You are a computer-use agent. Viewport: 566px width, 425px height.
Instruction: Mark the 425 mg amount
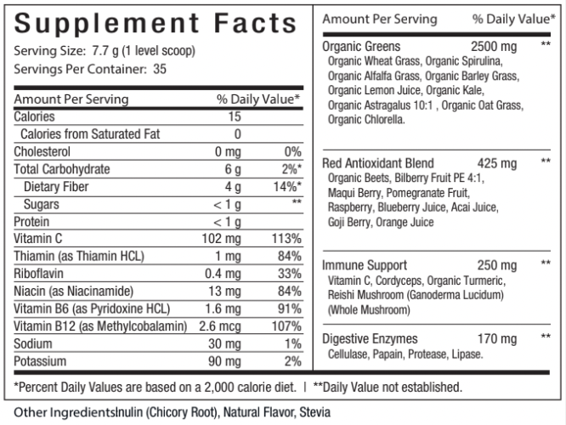[497, 162]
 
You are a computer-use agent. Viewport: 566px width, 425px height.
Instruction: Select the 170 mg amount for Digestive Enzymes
[497, 339]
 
